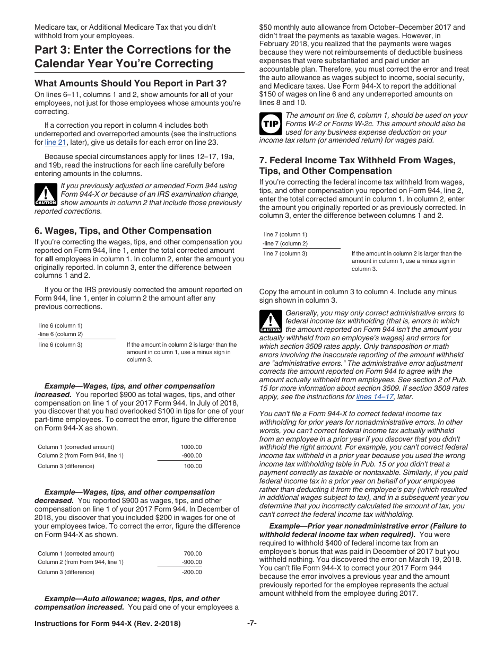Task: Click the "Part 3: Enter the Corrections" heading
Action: point(133,57)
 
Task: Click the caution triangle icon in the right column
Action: point(271,322)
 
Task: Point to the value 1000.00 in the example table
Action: point(191,447)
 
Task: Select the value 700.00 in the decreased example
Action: point(193,553)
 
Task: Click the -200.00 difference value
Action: point(192,572)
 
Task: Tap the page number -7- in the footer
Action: point(252,623)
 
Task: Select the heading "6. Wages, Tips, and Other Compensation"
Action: point(123,231)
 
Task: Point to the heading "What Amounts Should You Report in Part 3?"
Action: point(131,83)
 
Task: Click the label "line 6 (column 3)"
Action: point(60,345)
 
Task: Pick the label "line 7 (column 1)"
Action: point(285,234)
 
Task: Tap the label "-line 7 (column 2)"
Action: point(285,243)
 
